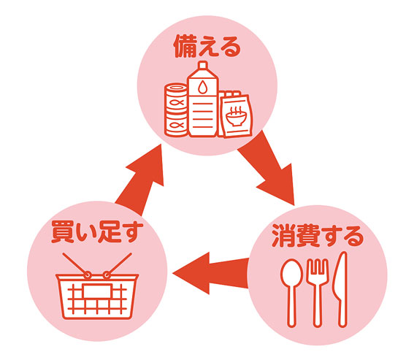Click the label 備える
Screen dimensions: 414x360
(x=207, y=47)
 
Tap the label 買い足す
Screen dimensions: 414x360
(x=97, y=231)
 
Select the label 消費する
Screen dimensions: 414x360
(x=318, y=236)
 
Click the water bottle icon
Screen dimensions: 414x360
(x=203, y=99)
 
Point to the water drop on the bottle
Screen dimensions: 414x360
(x=202, y=87)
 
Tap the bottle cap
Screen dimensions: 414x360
(x=203, y=65)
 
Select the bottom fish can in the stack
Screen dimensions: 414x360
(x=176, y=125)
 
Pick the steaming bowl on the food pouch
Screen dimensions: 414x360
(x=236, y=117)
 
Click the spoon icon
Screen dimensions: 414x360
(x=291, y=293)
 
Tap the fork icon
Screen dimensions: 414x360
(x=317, y=293)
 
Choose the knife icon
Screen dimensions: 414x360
(x=341, y=290)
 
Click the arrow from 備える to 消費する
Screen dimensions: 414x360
(x=269, y=169)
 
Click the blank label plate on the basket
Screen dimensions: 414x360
(x=97, y=291)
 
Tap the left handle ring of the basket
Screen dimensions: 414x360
(x=88, y=275)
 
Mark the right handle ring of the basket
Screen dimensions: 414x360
(x=107, y=275)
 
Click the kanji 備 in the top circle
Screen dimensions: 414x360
(x=185, y=47)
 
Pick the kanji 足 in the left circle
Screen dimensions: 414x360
(x=109, y=232)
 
